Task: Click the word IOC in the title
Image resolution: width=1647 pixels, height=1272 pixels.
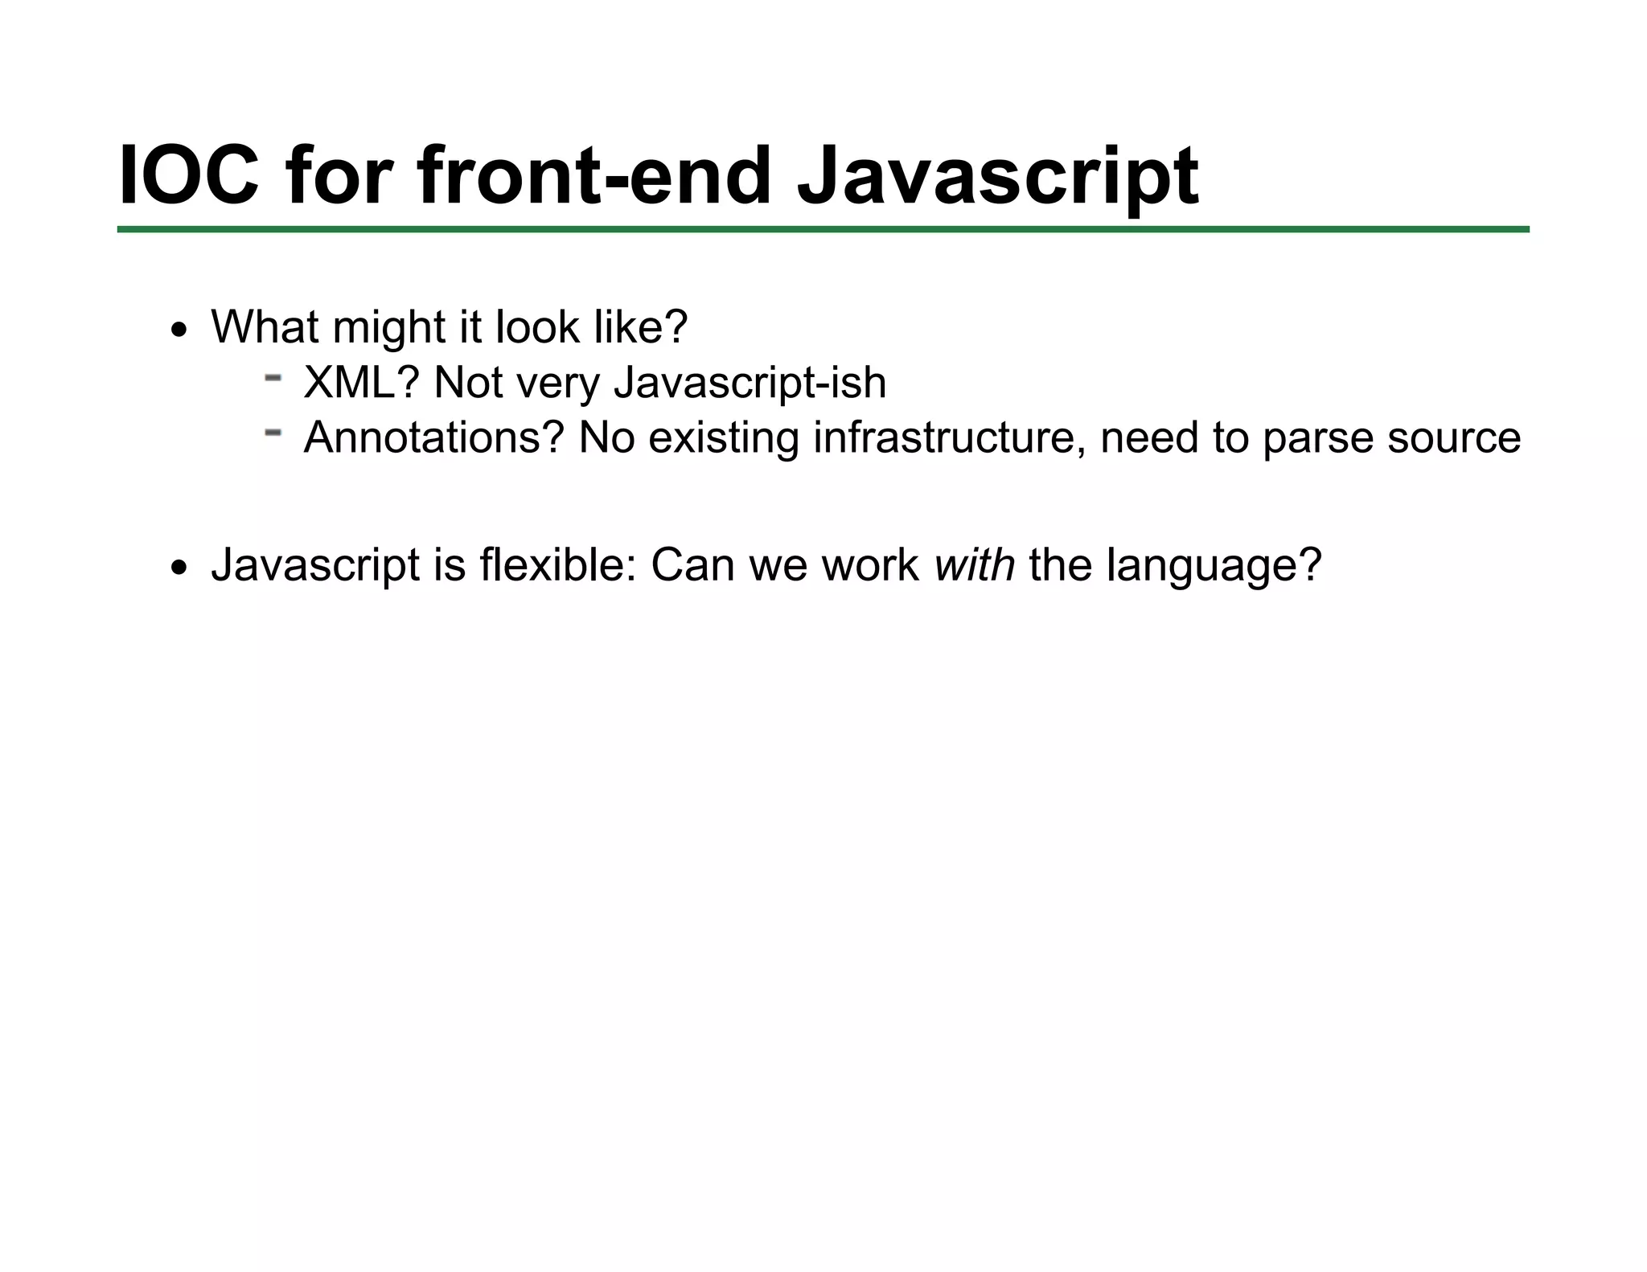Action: coord(189,175)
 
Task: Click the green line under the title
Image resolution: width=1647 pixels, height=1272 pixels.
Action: coord(823,230)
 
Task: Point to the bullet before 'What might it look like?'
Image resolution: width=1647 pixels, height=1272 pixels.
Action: coord(179,330)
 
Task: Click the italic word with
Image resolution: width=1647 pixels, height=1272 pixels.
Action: coord(975,565)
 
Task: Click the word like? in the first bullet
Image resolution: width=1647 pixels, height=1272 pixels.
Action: coord(641,327)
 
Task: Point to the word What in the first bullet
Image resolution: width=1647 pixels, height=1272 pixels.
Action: coord(265,327)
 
